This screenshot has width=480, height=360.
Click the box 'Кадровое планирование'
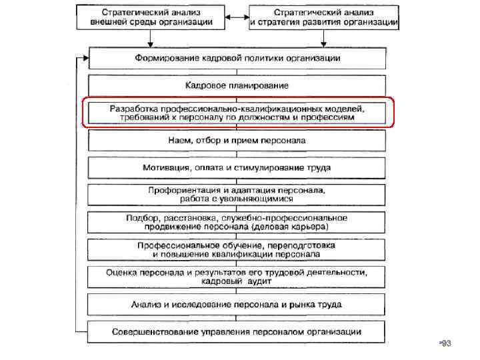coord(237,85)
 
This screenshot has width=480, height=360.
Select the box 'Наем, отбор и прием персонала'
coord(237,141)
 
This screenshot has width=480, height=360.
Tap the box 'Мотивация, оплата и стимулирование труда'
coord(237,167)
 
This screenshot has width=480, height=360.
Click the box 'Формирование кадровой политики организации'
coord(237,58)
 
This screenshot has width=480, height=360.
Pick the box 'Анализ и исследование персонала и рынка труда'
coord(237,305)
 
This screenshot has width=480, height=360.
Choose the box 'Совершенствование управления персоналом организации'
coord(237,331)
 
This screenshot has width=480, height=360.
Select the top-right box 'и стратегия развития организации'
coord(324,17)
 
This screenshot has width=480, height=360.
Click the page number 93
coord(446,343)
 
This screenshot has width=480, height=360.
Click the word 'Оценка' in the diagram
coord(122,273)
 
